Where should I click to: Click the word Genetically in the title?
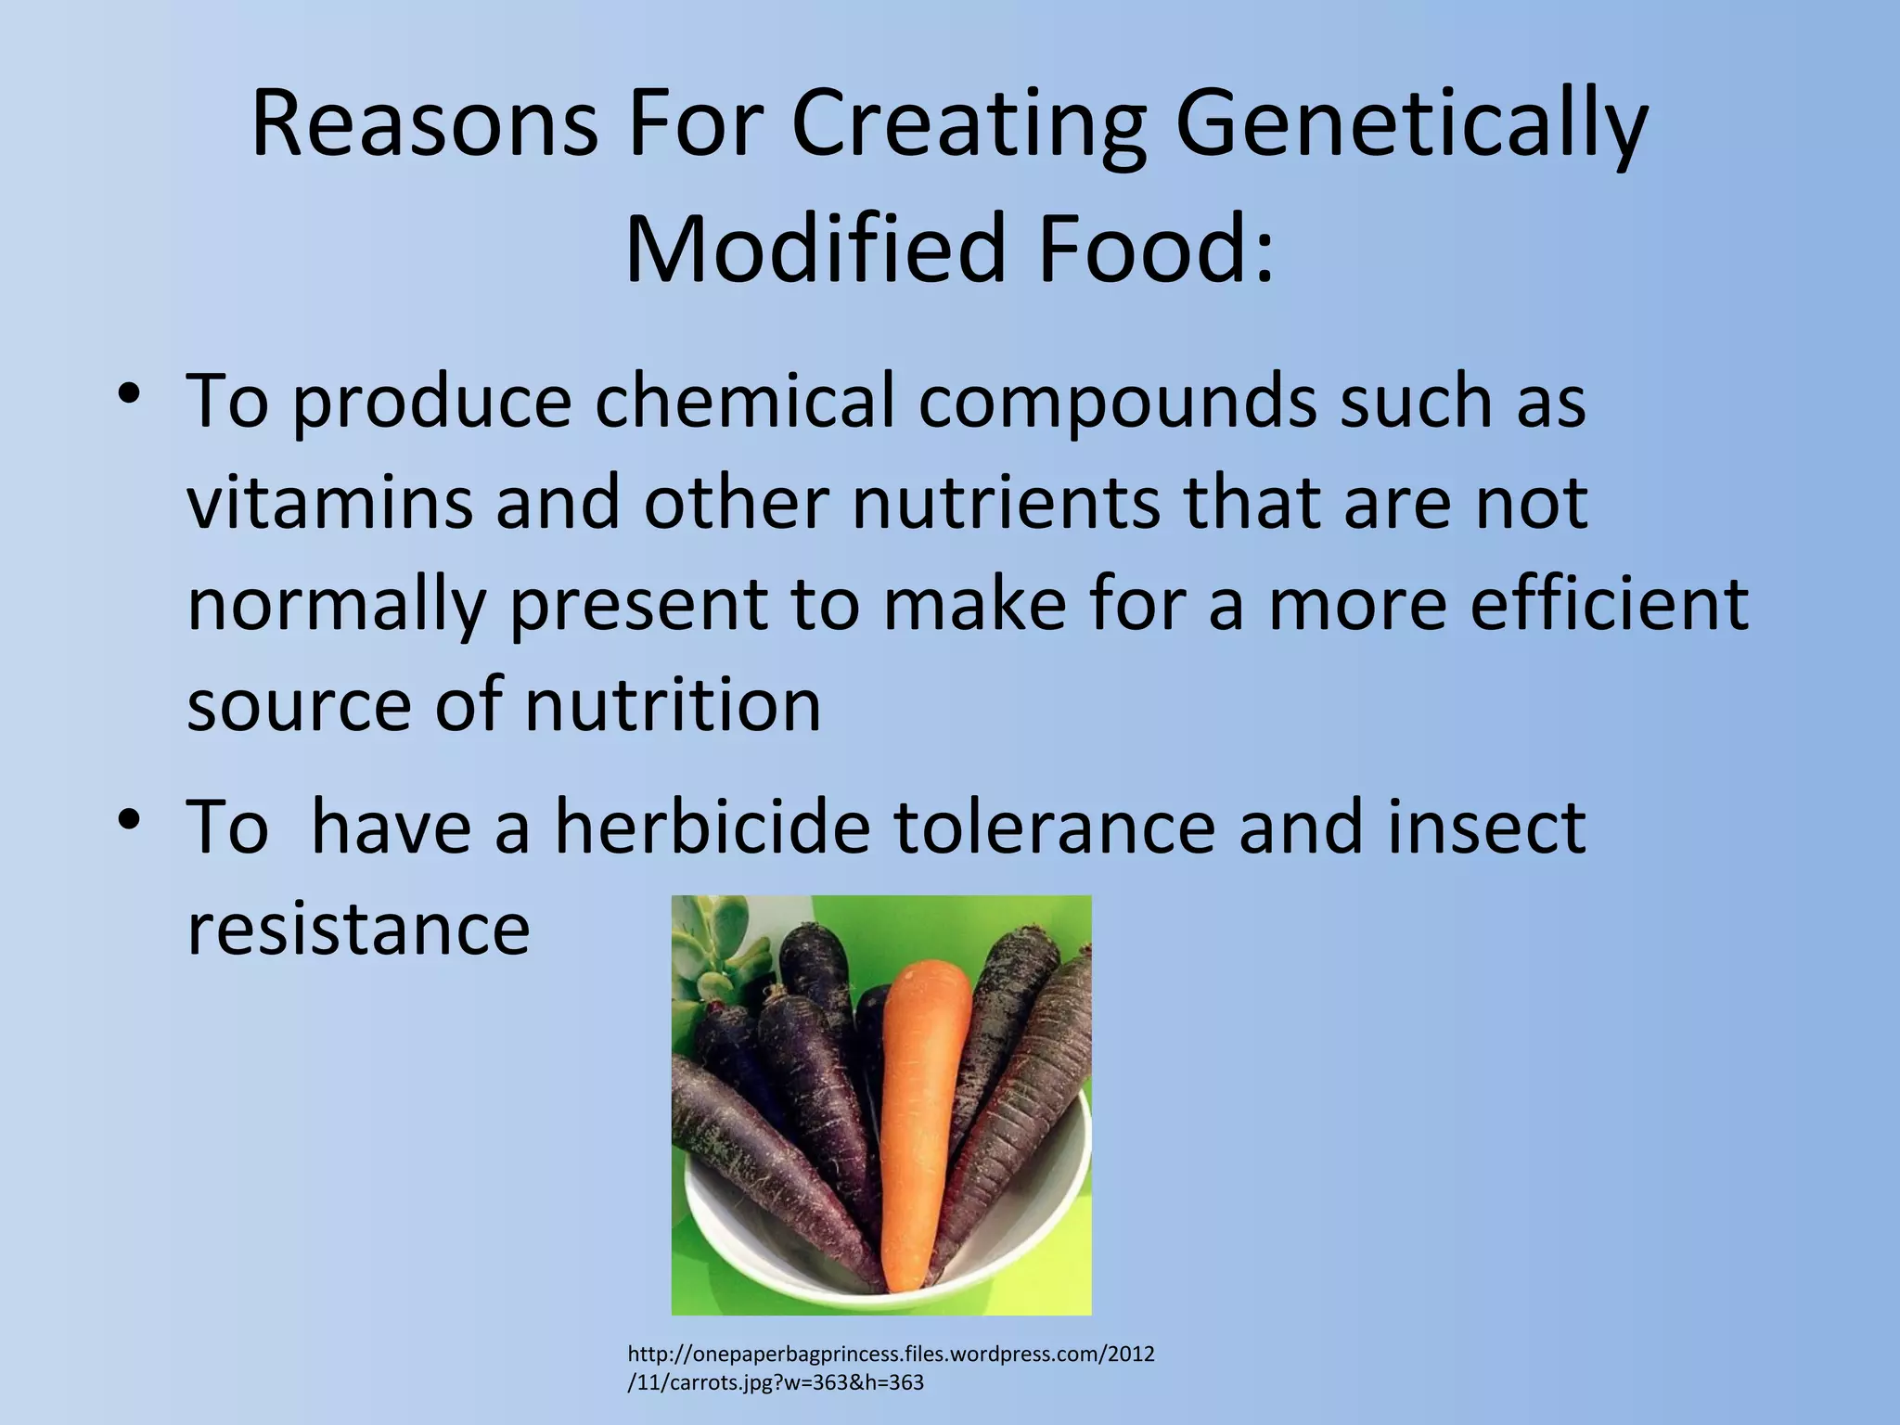[x=1410, y=125]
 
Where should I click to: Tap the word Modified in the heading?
[x=816, y=249]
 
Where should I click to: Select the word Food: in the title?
[x=1156, y=249]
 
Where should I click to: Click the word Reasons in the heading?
[x=424, y=125]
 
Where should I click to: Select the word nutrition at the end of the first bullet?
[x=673, y=705]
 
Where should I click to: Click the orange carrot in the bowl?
[x=918, y=1113]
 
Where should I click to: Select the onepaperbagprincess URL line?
[x=891, y=1354]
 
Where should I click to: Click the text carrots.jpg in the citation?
[x=717, y=1382]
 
